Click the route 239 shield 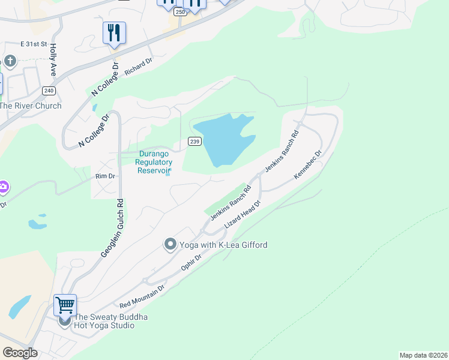tap(194, 141)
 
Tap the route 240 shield tap(49, 91)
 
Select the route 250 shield tap(180, 11)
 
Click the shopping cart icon tap(65, 304)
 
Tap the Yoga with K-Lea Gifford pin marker tap(170, 244)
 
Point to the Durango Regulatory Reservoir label tap(154, 162)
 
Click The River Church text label tap(31, 106)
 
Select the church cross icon tap(10, 61)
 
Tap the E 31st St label tap(34, 44)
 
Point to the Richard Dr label tap(139, 66)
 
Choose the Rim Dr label tap(104, 176)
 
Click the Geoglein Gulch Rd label tap(112, 229)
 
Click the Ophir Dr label tap(191, 262)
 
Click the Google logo tap(20, 353)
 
